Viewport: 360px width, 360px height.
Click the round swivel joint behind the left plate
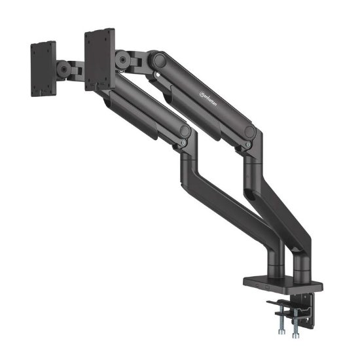[x=63, y=67]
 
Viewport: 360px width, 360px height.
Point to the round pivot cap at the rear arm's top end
[x=157, y=60]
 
